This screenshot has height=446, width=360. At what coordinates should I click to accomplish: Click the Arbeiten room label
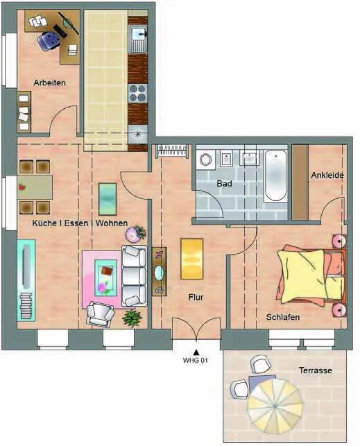click(50, 83)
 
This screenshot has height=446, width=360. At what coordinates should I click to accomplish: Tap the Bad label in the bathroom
click(224, 184)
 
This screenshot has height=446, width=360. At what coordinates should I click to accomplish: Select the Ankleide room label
click(327, 175)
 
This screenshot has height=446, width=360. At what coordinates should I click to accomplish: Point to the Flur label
click(196, 298)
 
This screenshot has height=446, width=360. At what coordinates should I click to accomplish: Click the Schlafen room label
click(283, 317)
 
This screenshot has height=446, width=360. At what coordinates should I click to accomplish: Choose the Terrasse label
click(316, 370)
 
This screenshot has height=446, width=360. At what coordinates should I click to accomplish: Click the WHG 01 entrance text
click(196, 361)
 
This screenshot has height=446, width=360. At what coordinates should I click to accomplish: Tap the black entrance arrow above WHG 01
click(196, 352)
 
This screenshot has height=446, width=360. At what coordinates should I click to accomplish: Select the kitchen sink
click(138, 40)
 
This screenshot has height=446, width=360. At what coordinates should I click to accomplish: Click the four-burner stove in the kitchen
click(138, 94)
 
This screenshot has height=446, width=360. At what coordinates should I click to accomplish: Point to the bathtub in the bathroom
click(275, 175)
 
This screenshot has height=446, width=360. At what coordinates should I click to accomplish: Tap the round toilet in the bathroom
click(205, 160)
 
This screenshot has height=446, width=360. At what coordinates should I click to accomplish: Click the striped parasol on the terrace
click(275, 405)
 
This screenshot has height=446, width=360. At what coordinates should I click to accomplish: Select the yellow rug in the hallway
click(192, 259)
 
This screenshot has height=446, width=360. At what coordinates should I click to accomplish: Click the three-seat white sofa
click(135, 276)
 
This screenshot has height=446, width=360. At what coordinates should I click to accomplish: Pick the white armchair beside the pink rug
click(100, 314)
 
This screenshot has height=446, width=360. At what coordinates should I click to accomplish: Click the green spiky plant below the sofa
click(132, 318)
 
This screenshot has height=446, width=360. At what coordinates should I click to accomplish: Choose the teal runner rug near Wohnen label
click(108, 199)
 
